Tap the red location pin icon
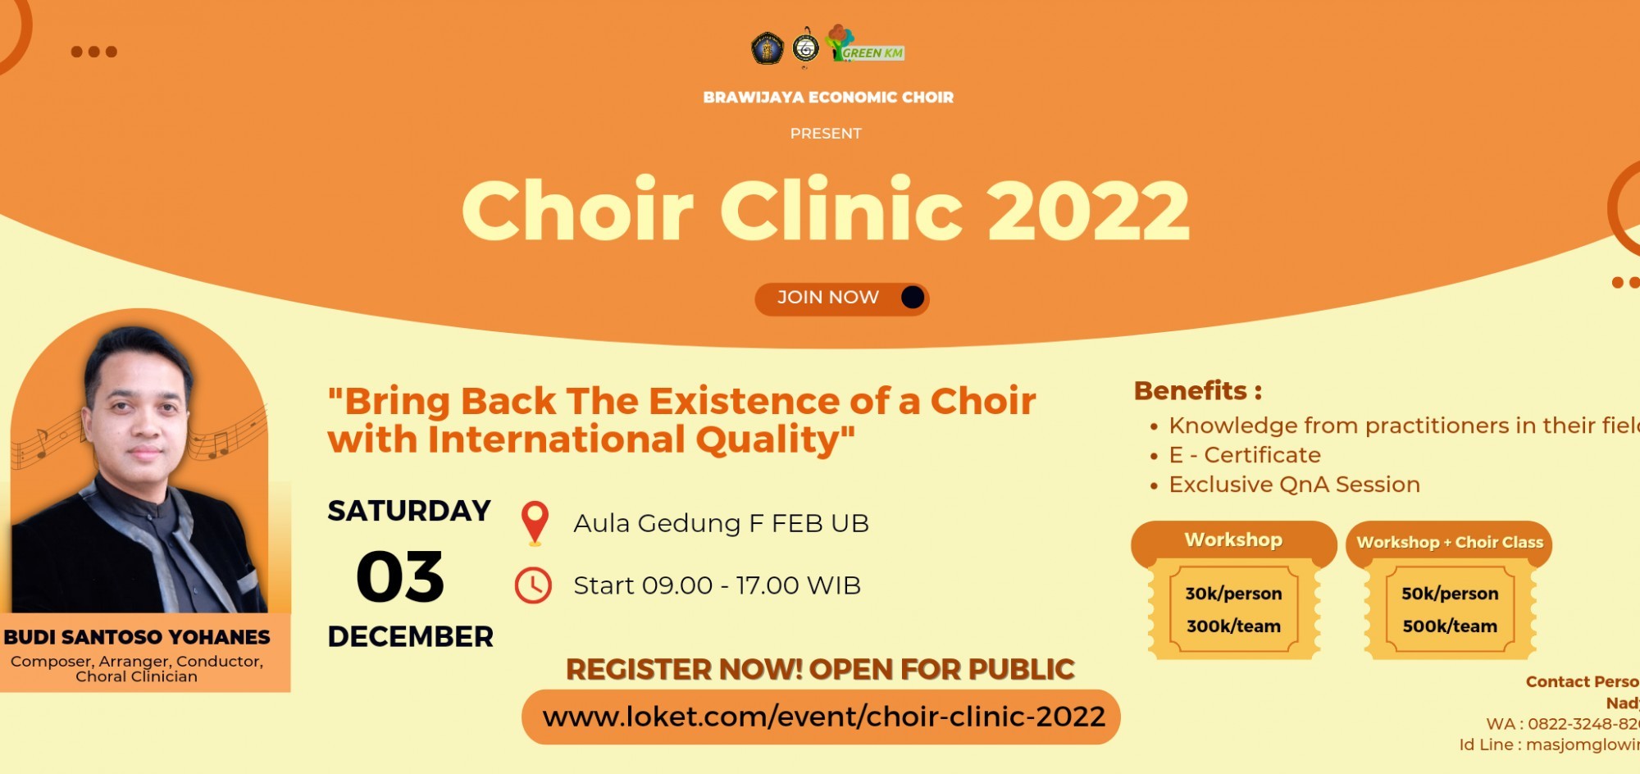click(x=535, y=521)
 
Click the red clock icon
click(x=533, y=585)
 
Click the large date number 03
click(x=400, y=577)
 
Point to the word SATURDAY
click(x=409, y=511)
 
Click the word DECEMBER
click(x=410, y=637)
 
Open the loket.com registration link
click(x=822, y=717)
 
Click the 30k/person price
click(x=1233, y=594)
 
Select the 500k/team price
click(x=1450, y=626)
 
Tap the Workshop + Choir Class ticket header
click(x=1449, y=543)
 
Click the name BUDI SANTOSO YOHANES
click(x=137, y=637)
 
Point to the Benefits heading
click(x=1197, y=391)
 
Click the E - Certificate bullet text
click(x=1245, y=455)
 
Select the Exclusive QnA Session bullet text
click(x=1294, y=485)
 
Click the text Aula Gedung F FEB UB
click(x=721, y=523)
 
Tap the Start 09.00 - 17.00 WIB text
click(x=717, y=585)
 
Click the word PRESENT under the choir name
click(x=826, y=134)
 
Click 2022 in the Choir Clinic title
click(x=1088, y=211)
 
